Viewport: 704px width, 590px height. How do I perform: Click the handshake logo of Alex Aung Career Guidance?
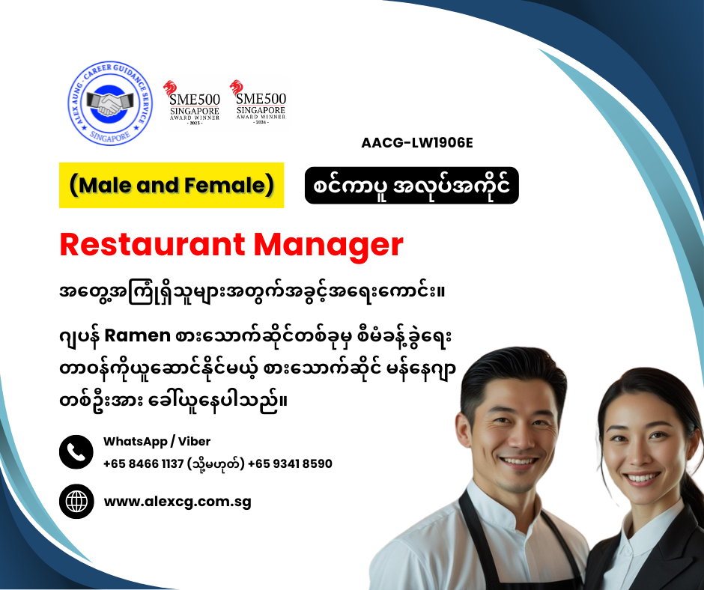110,103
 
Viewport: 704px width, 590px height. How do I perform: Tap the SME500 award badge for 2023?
194,103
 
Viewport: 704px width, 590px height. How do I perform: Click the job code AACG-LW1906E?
417,143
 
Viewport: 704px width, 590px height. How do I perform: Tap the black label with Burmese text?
412,186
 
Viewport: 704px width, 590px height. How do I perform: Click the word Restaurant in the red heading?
152,245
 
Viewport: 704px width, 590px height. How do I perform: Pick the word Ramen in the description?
137,336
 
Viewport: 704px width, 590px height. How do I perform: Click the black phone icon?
76,452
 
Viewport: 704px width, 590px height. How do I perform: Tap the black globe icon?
76,502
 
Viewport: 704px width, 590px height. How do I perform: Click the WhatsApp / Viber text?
157,442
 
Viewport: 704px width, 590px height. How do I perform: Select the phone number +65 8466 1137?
143,463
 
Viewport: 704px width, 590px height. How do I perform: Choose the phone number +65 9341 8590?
290,463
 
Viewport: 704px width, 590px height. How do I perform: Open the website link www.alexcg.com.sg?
177,502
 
